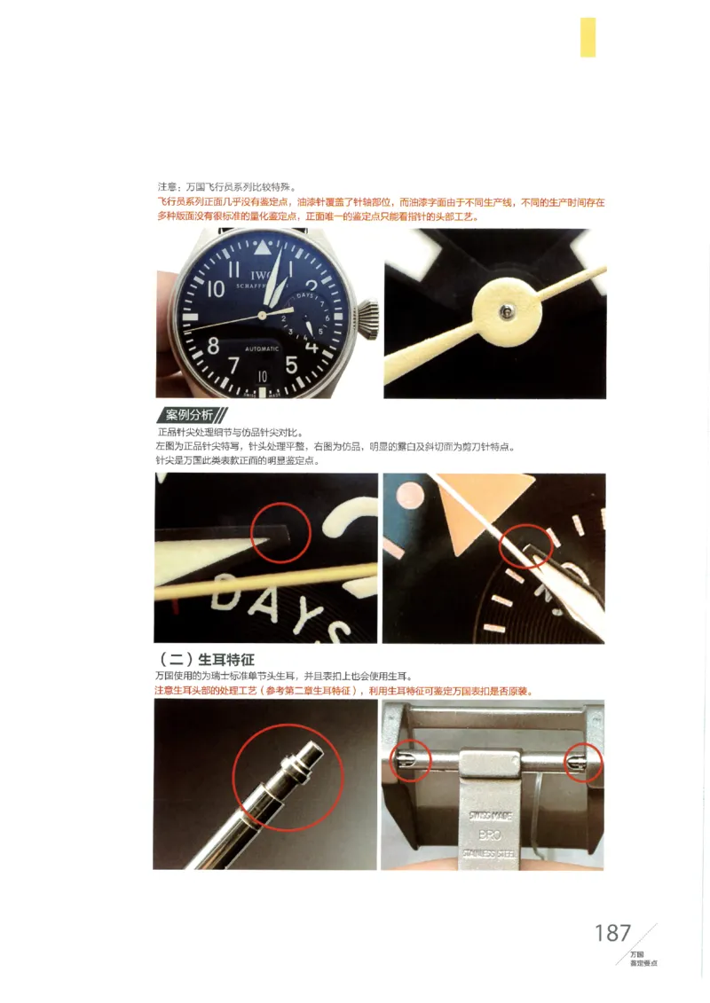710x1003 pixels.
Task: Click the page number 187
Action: [612, 933]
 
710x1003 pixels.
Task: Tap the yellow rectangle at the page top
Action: [588, 37]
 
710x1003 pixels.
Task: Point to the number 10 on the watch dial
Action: [216, 288]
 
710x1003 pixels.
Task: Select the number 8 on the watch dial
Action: [214, 345]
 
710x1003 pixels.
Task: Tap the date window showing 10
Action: [263, 376]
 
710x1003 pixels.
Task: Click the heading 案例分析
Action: [191, 415]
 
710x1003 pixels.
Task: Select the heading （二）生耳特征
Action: [204, 660]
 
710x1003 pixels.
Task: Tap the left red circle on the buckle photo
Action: [409, 760]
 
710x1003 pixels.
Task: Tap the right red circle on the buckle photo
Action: [583, 762]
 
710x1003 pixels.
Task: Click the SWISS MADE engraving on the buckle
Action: [490, 814]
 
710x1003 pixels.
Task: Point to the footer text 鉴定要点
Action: [643, 962]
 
